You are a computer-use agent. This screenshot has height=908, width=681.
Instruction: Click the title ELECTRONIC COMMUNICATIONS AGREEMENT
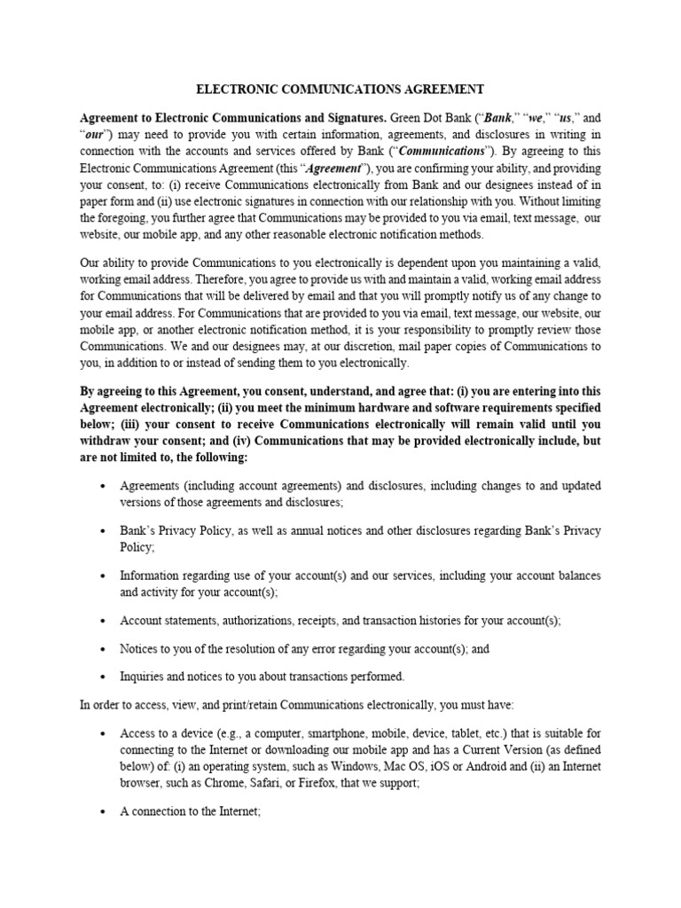(x=340, y=89)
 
